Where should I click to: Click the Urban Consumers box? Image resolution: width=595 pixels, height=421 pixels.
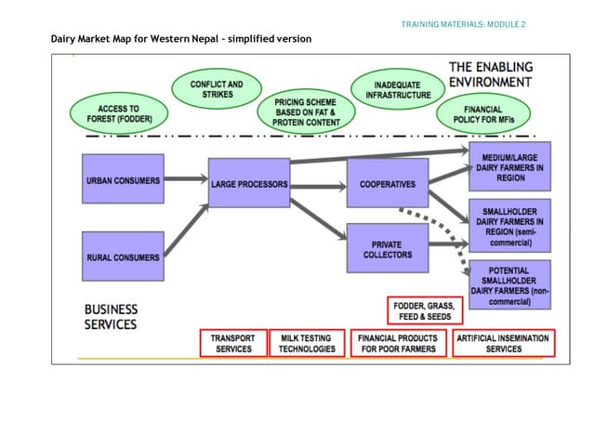(123, 181)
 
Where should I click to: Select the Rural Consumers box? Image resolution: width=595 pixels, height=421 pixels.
(123, 257)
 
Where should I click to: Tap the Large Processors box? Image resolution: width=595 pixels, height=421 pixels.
(248, 183)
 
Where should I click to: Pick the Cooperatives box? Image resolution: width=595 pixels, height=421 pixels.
(388, 183)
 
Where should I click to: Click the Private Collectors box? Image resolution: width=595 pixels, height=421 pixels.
(388, 248)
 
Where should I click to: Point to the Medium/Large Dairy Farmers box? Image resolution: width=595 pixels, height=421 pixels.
(510, 164)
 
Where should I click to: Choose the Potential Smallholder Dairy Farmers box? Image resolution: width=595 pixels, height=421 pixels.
(510, 284)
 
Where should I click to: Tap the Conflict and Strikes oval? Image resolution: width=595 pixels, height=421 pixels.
(217, 89)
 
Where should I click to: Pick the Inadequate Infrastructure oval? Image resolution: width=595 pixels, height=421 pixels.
(398, 89)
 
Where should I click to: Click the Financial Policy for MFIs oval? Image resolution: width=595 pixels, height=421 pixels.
(490, 114)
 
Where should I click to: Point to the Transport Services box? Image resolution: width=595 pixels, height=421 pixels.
(232, 343)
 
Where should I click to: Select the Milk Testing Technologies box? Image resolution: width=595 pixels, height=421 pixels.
(307, 343)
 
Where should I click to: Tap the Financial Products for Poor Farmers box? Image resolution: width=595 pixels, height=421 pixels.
(398, 343)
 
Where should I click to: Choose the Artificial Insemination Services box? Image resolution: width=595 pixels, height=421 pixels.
(503, 343)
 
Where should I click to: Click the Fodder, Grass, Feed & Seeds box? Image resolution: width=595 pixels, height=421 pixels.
(422, 310)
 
